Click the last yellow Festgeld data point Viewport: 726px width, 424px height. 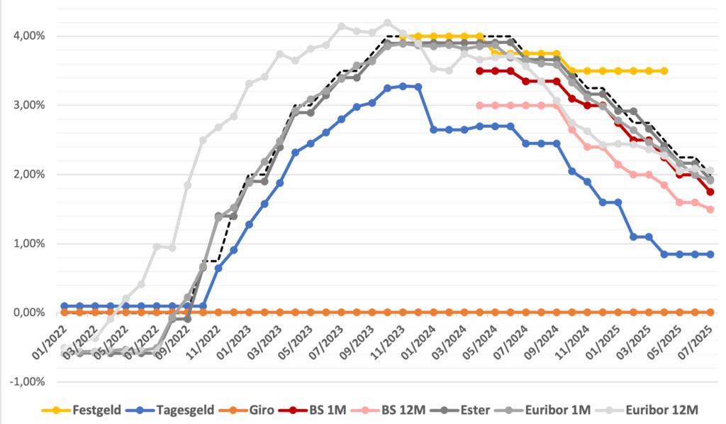[x=664, y=71]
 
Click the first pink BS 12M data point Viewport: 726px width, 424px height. [x=480, y=105]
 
